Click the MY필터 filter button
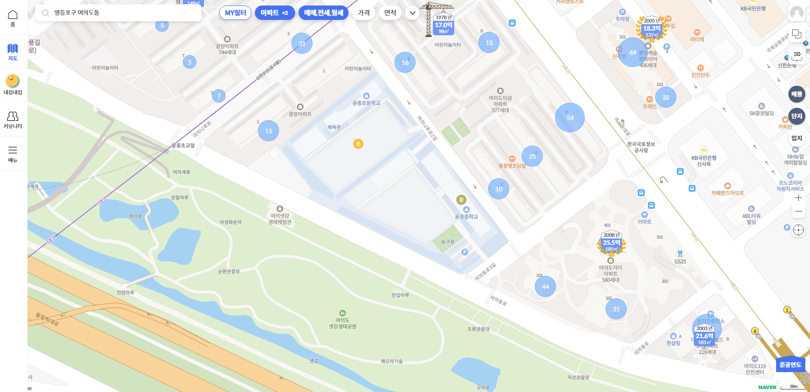235,13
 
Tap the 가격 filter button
363,13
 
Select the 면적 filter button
390,13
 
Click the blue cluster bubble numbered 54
570,118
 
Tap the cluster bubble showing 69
632,52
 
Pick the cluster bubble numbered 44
545,287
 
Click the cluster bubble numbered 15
268,131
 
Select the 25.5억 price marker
611,243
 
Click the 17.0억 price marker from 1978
444,25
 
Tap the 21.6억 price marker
704,336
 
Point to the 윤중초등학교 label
366,103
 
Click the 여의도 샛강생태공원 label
343,323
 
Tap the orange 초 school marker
358,144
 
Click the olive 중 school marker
461,199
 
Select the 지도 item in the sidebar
13,52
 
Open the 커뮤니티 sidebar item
13,120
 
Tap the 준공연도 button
790,365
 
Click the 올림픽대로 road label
47,319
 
